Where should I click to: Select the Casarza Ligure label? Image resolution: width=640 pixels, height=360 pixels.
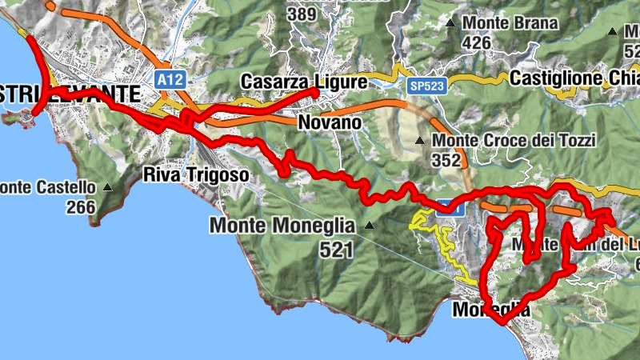[x=304, y=82]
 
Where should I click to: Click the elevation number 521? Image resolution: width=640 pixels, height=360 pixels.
[x=336, y=250]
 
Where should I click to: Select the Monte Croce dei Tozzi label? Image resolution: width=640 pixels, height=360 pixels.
[x=514, y=141]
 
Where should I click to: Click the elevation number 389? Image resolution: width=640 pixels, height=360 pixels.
[x=302, y=14]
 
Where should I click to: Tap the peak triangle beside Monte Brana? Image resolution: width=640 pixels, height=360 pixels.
[x=452, y=23]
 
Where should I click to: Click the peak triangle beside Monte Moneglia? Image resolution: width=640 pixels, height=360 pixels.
[x=369, y=226]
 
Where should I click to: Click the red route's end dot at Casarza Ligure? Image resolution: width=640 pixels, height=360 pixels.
[x=314, y=93]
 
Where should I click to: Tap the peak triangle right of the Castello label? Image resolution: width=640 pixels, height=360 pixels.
[x=108, y=189]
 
